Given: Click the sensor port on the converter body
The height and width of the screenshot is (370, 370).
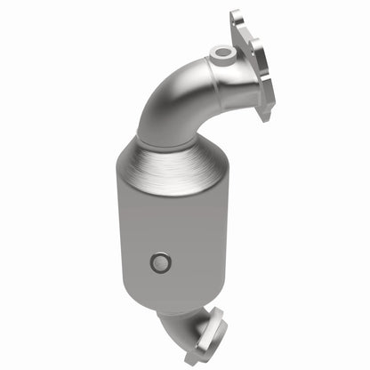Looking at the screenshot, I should (160, 261).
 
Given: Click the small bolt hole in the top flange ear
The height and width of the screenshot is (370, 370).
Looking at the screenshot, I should (237, 18).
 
